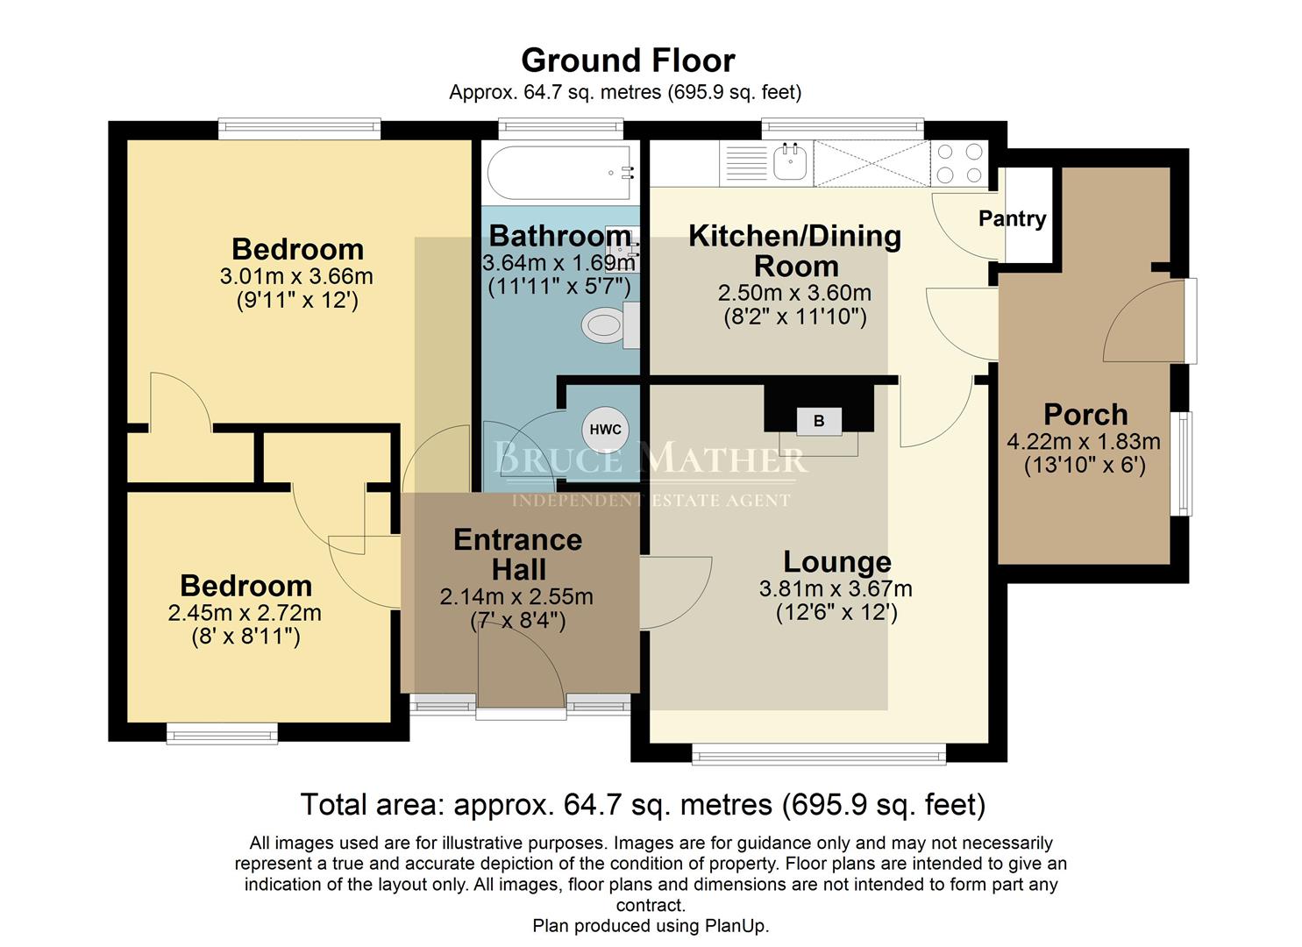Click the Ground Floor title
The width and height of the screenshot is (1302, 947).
click(628, 61)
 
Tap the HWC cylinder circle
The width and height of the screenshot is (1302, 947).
click(605, 430)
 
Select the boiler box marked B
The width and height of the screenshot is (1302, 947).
click(818, 421)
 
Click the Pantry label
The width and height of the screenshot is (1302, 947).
click(1012, 218)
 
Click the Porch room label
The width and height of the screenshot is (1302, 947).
click(1085, 414)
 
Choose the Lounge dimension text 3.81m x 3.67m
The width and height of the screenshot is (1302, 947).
click(836, 588)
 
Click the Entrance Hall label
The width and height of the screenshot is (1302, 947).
click(517, 554)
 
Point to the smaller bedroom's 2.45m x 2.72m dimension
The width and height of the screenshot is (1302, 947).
click(245, 612)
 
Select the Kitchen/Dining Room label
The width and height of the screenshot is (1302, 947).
click(794, 250)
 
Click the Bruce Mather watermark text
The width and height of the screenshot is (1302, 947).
click(650, 459)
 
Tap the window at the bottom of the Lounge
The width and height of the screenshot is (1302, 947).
click(818, 753)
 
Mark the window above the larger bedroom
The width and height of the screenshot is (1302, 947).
click(299, 129)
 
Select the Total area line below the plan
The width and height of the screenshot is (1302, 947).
click(643, 804)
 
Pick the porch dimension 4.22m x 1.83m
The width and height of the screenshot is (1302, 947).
click(1084, 441)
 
